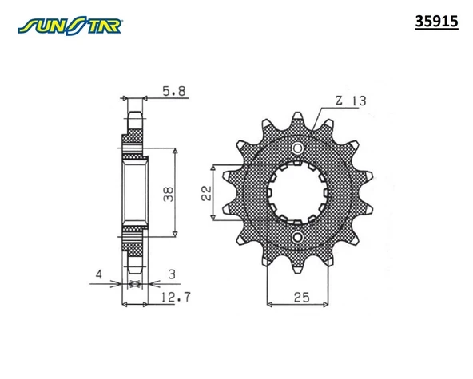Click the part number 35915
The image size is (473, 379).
pyautogui.click(x=436, y=23)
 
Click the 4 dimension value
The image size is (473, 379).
pyautogui.click(x=99, y=275)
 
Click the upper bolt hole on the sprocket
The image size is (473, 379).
pyautogui.click(x=297, y=148)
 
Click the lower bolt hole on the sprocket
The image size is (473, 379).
pyautogui.click(x=297, y=237)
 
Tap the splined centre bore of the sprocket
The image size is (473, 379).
pyautogui.click(x=297, y=192)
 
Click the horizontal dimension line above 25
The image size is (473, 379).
pyautogui.click(x=297, y=304)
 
